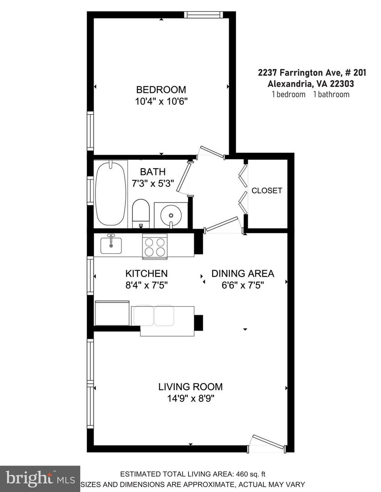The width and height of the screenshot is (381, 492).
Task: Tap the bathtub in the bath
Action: [110, 193]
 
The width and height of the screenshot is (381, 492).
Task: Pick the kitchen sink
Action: [111, 244]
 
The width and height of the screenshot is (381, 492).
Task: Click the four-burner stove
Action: [154, 246]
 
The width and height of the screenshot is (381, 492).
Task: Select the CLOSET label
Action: [267, 190]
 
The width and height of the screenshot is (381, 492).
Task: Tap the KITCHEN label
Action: [146, 274]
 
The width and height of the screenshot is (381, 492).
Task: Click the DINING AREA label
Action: [243, 274]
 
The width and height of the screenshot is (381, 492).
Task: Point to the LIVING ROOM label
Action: [190, 387]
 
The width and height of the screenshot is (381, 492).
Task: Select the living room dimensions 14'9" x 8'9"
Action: [190, 399]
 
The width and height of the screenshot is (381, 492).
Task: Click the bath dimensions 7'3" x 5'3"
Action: [152, 184]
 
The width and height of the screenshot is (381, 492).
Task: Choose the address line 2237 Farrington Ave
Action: [312, 72]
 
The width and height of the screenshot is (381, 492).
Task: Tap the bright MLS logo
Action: [40, 478]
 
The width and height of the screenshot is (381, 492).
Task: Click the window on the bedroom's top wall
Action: [204, 15]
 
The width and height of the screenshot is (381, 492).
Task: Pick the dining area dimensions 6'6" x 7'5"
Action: [243, 286]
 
